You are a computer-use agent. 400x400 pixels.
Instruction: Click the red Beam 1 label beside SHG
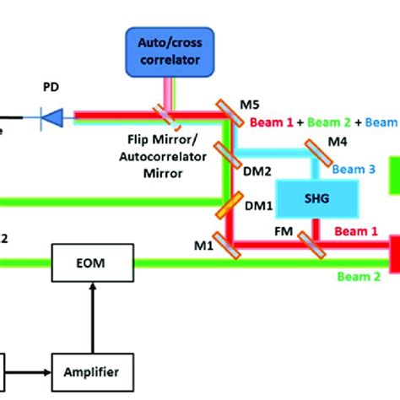[356, 230]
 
